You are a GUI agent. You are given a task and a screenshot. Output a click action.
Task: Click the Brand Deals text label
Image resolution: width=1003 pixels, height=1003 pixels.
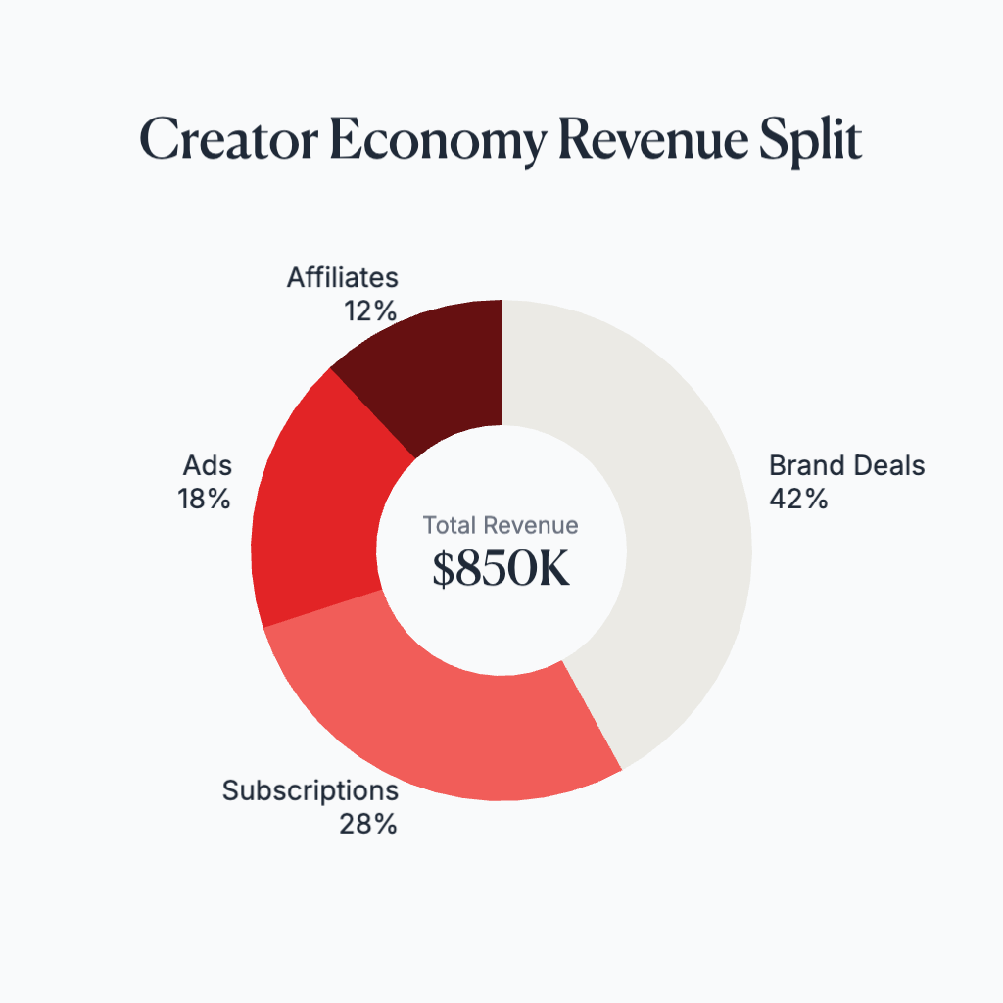pyautogui.click(x=846, y=465)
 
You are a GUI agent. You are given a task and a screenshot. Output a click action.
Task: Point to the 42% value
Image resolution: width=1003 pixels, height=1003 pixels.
pyautogui.click(x=798, y=499)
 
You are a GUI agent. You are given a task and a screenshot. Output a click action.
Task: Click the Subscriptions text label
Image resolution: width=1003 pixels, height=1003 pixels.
pyautogui.click(x=310, y=790)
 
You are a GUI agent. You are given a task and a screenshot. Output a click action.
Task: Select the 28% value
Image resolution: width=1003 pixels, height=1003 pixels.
pyautogui.click(x=368, y=824)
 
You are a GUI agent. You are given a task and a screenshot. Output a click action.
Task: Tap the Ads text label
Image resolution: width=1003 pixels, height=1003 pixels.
pyautogui.click(x=207, y=465)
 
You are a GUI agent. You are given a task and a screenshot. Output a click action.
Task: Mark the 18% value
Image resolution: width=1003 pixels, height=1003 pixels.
pyautogui.click(x=204, y=499)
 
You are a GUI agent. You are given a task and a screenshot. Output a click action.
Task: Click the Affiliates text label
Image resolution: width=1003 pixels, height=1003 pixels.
pyautogui.click(x=343, y=278)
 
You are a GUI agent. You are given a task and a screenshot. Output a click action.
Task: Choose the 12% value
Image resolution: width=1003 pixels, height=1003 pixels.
pyautogui.click(x=369, y=311)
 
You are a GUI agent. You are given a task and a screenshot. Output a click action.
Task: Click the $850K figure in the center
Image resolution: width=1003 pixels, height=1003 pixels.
pyautogui.click(x=501, y=571)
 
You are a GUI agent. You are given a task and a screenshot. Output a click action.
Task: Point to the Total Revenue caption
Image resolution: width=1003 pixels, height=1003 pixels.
pyautogui.click(x=501, y=525)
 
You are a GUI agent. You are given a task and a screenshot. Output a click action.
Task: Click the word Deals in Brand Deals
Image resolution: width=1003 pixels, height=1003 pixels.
pyautogui.click(x=886, y=465)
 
